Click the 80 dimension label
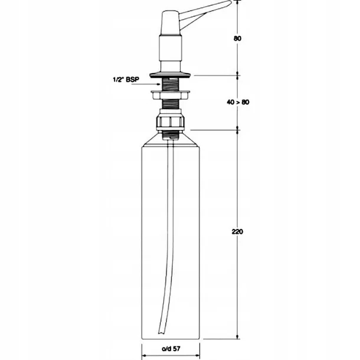point(237,38)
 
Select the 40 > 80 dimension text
point(238,102)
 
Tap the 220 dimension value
point(237,232)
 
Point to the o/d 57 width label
point(171,349)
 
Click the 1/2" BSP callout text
point(126,80)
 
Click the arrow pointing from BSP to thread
point(146,84)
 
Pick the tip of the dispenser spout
point(230,2)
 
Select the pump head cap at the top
point(171,22)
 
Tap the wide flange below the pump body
point(170,75)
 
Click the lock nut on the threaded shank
point(171,95)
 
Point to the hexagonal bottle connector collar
point(171,122)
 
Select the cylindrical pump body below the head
point(171,53)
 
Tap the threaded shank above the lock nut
point(170,84)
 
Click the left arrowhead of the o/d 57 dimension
point(144,356)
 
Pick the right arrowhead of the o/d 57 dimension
point(198,356)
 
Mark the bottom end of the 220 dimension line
point(237,338)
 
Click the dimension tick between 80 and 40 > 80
point(237,76)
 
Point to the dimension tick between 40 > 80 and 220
point(237,130)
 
